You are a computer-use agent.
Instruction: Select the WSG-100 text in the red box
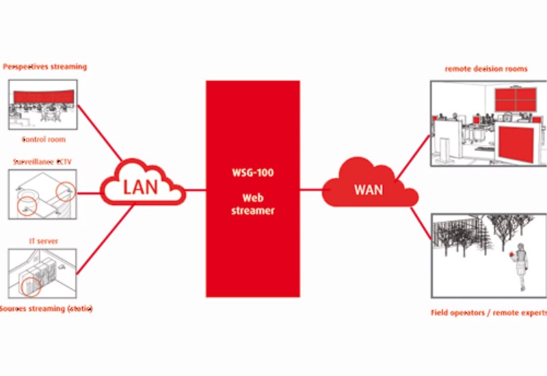click(x=253, y=173)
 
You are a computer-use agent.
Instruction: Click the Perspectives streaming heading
click(x=45, y=67)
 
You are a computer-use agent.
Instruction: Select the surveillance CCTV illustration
click(x=43, y=193)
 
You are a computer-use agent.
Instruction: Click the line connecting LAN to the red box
click(x=196, y=189)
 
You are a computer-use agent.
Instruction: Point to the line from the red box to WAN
click(x=311, y=189)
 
